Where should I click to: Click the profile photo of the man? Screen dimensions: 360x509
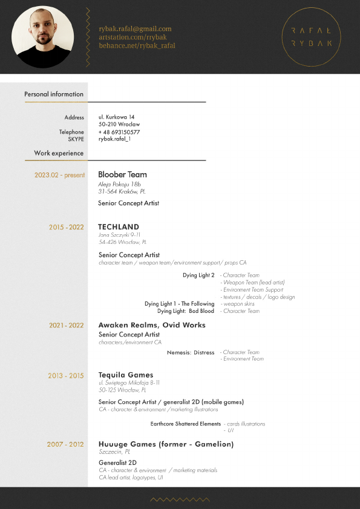42,37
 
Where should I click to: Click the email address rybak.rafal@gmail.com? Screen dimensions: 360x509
135,28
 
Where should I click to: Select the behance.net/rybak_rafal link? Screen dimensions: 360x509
137,45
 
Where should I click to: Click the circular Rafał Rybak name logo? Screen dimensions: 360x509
311,37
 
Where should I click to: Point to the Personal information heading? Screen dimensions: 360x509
54,94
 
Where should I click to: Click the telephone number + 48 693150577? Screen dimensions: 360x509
119,132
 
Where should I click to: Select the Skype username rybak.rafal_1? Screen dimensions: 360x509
114,139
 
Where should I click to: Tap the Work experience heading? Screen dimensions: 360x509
59,154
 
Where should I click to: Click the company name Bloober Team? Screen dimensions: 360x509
122,175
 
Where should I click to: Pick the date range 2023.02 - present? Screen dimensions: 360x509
59,175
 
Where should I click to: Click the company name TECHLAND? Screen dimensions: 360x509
119,228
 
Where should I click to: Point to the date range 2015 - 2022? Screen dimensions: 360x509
66,228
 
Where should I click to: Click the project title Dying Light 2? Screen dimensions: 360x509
198,275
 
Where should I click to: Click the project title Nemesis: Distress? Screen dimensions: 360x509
190,352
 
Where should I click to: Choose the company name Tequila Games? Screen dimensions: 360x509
126,375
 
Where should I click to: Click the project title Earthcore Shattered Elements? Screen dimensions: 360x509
186,424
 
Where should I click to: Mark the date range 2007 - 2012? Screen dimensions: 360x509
65,445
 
